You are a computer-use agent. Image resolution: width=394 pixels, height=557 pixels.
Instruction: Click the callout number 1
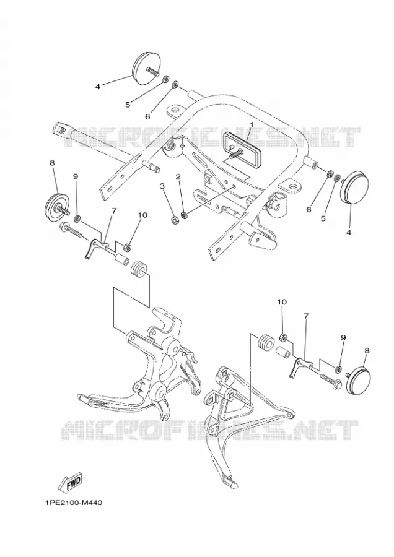(252, 124)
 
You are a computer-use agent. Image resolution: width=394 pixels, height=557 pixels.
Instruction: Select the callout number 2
(178, 176)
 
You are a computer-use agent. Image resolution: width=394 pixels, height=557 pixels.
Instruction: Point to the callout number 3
(162, 186)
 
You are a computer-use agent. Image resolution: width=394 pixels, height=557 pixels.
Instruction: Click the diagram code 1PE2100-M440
(74, 503)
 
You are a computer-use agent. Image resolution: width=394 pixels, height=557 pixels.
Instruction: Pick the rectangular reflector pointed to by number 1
(242, 147)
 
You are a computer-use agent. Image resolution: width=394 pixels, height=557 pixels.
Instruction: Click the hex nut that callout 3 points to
(175, 220)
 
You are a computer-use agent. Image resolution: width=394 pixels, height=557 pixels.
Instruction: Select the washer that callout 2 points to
(184, 215)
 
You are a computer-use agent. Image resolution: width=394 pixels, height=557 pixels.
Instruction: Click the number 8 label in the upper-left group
(52, 163)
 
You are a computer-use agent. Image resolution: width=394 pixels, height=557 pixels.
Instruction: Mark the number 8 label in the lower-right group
(367, 350)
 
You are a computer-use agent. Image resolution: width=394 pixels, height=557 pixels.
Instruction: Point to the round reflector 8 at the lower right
(359, 380)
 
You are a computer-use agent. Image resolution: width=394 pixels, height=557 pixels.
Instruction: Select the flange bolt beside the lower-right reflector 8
(331, 380)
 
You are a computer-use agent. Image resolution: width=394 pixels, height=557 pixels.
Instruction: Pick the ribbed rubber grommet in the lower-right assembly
(265, 342)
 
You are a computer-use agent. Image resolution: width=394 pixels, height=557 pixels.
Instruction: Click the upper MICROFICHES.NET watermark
(212, 136)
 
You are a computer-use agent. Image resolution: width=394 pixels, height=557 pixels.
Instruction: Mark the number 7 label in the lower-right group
(306, 315)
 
